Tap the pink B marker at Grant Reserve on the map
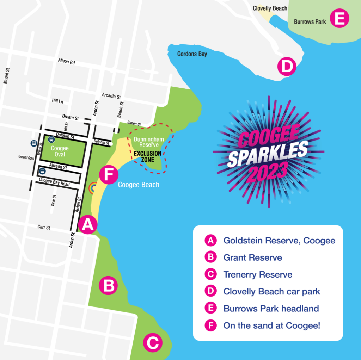pyautogui.click(x=108, y=285)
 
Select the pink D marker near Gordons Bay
pyautogui.click(x=287, y=67)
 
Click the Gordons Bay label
pyautogui.click(x=192, y=54)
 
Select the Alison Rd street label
pyautogui.click(x=66, y=62)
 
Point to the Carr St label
pyautogui.click(x=44, y=228)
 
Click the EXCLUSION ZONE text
pyautogui.click(x=147, y=157)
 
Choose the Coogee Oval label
pyautogui.click(x=60, y=151)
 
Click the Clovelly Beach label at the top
pyautogui.click(x=270, y=8)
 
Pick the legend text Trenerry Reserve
pyautogui.click(x=258, y=274)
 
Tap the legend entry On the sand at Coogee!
pyautogui.click(x=271, y=325)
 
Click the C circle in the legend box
pyautogui.click(x=210, y=274)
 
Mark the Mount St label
pyautogui.click(x=6, y=76)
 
